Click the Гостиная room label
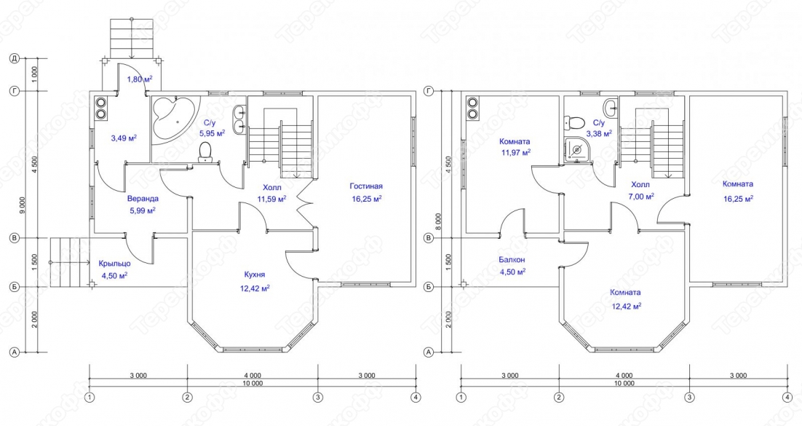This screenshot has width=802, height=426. click(x=366, y=186)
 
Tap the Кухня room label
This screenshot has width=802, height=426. click(x=255, y=275)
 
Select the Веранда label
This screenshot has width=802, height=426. click(x=143, y=199)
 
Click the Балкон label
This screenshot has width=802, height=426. click(x=512, y=259)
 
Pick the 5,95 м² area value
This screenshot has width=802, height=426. click(x=213, y=134)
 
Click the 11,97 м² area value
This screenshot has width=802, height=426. click(x=515, y=152)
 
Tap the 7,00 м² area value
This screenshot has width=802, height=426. click(x=640, y=196)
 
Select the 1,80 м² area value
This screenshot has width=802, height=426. click(x=140, y=79)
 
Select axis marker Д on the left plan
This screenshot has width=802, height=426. click(x=15, y=60)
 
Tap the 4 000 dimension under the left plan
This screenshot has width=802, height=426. click(x=253, y=375)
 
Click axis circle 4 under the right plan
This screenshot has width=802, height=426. click(x=787, y=397)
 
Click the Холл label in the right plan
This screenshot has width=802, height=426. click(x=640, y=185)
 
